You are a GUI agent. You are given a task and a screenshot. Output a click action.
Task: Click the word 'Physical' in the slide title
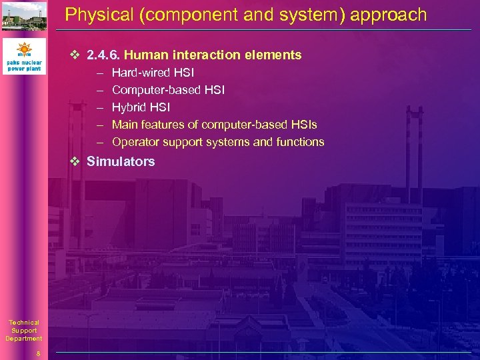click(x=92, y=15)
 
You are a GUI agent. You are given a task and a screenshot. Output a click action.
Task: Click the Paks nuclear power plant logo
click(x=24, y=57)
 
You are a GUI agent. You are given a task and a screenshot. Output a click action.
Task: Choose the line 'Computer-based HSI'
click(x=168, y=90)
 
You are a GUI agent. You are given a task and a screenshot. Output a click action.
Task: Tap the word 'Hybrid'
click(x=129, y=107)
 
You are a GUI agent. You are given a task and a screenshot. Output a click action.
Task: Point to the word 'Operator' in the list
click(x=135, y=142)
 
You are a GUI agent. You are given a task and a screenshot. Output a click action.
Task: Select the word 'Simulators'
click(x=121, y=161)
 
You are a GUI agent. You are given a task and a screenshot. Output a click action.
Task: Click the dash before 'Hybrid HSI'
click(x=99, y=107)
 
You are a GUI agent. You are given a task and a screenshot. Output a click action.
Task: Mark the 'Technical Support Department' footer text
click(x=24, y=331)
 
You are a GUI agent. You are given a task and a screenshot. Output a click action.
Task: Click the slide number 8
click(x=39, y=354)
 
